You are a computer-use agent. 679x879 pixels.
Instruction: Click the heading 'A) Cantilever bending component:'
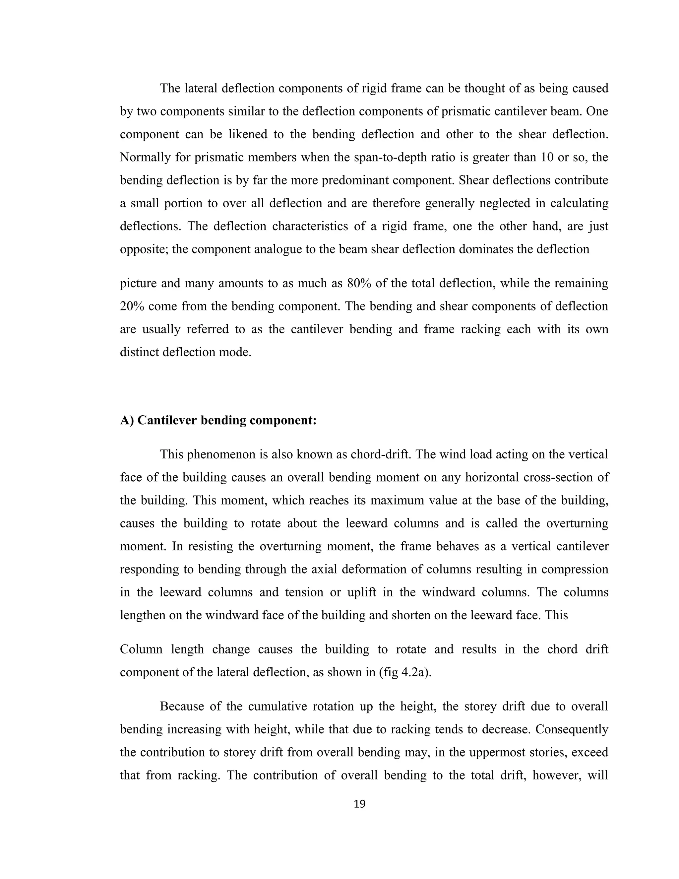tap(218, 421)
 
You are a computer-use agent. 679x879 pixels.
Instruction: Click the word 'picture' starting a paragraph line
tap(137, 283)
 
